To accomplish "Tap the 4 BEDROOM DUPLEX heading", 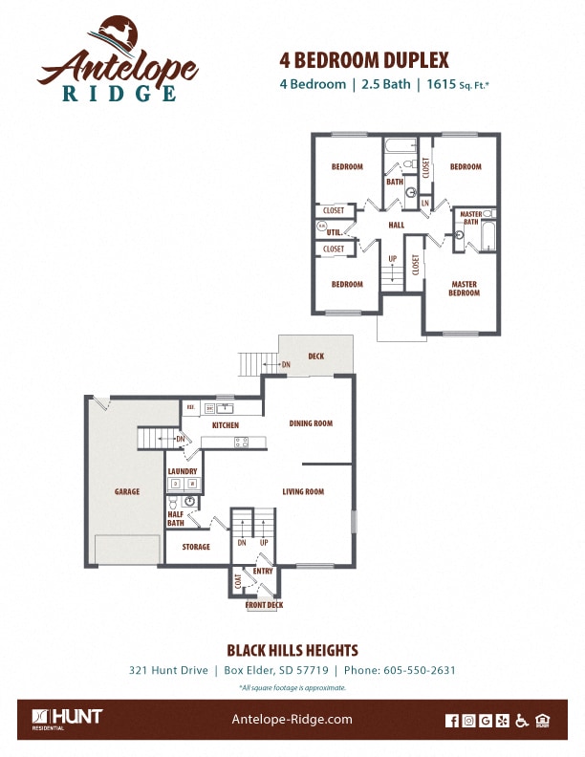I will pos(363,58).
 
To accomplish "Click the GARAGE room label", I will pos(127,492).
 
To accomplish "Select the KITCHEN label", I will pos(226,425).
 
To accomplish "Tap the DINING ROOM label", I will pos(311,423).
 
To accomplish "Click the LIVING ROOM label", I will pos(303,492).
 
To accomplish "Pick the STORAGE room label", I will pos(196,548).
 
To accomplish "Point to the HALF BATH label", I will pos(176,519).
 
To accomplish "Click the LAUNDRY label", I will pos(183,471).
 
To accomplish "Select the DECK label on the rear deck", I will pos(315,357).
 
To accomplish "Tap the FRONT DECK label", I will pos(264,605).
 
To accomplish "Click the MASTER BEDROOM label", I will pos(465,288).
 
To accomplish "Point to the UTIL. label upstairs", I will pos(334,232).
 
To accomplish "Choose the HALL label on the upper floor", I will pos(396,226).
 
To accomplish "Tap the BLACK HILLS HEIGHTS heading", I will pos(292,650).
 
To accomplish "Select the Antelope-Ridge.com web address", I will pos(292,720).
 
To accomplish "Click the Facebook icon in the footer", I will pos(452,721).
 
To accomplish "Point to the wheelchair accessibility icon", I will pos(522,721).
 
